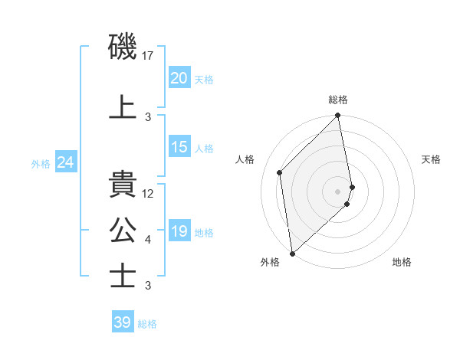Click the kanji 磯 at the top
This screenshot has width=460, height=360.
[x=123, y=47]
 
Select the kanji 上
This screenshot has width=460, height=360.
[x=123, y=107]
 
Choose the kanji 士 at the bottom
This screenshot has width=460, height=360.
[x=123, y=276]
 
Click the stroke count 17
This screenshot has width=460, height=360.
[x=148, y=56]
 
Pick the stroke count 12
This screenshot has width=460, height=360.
[x=148, y=194]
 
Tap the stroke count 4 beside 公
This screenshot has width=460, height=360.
[x=148, y=240]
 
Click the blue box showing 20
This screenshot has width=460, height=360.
[x=179, y=78]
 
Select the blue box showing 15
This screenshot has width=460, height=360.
[x=179, y=148]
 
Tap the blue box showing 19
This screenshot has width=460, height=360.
[x=179, y=232]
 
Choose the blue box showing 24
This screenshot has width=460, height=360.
[x=65, y=163]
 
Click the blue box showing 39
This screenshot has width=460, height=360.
[x=122, y=322]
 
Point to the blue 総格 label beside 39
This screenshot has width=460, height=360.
[x=147, y=324]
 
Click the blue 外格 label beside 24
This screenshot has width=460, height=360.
[x=41, y=164]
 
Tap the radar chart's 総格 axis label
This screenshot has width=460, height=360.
[x=338, y=100]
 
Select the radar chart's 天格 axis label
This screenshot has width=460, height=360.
[x=431, y=159]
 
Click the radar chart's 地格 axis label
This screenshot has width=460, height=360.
[x=402, y=262]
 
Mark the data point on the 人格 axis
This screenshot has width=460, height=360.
[x=280, y=172]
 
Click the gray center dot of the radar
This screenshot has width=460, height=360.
[x=337, y=191]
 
